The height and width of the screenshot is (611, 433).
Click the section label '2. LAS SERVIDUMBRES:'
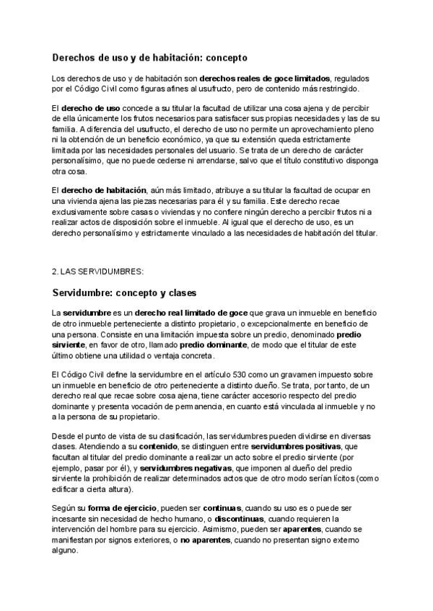pyautogui.click(x=98, y=272)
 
